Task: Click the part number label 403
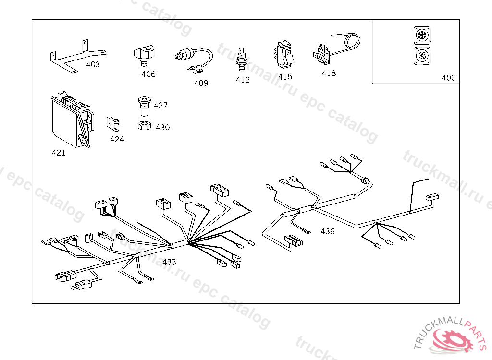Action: point(93,64)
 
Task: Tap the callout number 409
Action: point(201,83)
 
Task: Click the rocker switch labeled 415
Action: point(284,55)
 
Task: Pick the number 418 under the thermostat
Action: point(329,73)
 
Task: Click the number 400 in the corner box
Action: point(448,78)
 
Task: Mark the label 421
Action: point(59,153)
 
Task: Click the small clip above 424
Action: point(114,123)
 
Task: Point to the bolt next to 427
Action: point(144,105)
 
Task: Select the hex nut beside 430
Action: point(144,126)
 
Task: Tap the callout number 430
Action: point(162,127)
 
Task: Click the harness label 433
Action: point(169,262)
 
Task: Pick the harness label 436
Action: point(327,231)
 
